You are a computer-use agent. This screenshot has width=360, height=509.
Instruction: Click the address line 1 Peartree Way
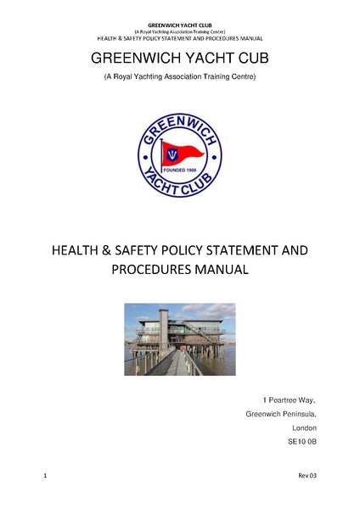pyautogui.click(x=289, y=399)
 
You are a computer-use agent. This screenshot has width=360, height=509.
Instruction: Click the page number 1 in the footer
pyautogui.click(x=44, y=478)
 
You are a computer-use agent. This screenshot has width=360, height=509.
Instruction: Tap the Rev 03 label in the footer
pyautogui.click(x=306, y=478)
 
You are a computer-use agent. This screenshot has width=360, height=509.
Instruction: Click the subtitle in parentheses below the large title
pyautogui.click(x=179, y=77)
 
